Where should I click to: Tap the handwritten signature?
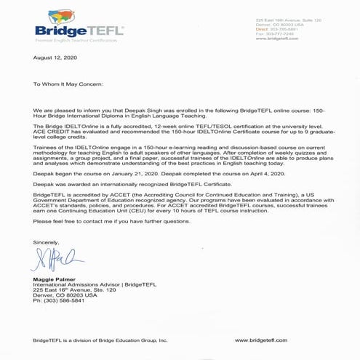click(52, 258)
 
